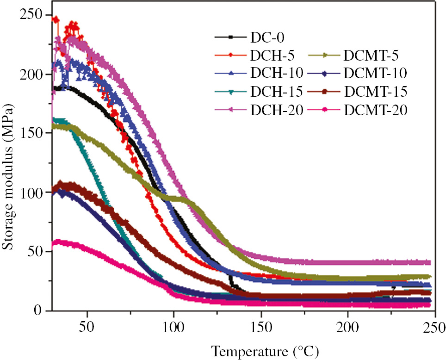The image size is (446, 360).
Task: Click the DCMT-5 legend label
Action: [x=371, y=55]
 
